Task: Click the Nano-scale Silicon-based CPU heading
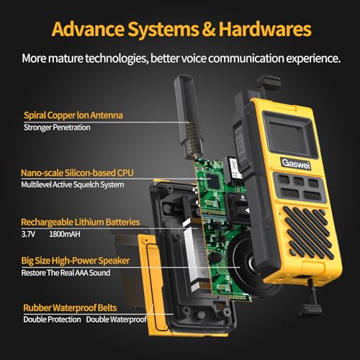78,173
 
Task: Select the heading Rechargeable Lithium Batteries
81,222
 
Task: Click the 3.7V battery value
32,234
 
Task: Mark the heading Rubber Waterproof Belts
69,306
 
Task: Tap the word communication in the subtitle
240,58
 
